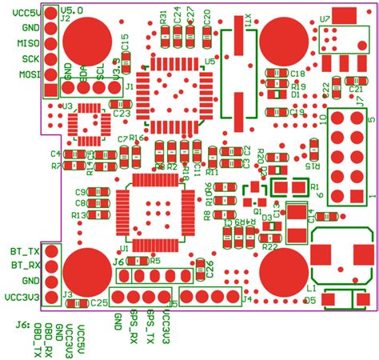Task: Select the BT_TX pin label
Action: click(25, 252)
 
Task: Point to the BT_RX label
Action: click(25, 266)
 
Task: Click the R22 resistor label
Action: click(269, 247)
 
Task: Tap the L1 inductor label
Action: click(312, 287)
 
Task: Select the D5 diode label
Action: click(309, 301)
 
